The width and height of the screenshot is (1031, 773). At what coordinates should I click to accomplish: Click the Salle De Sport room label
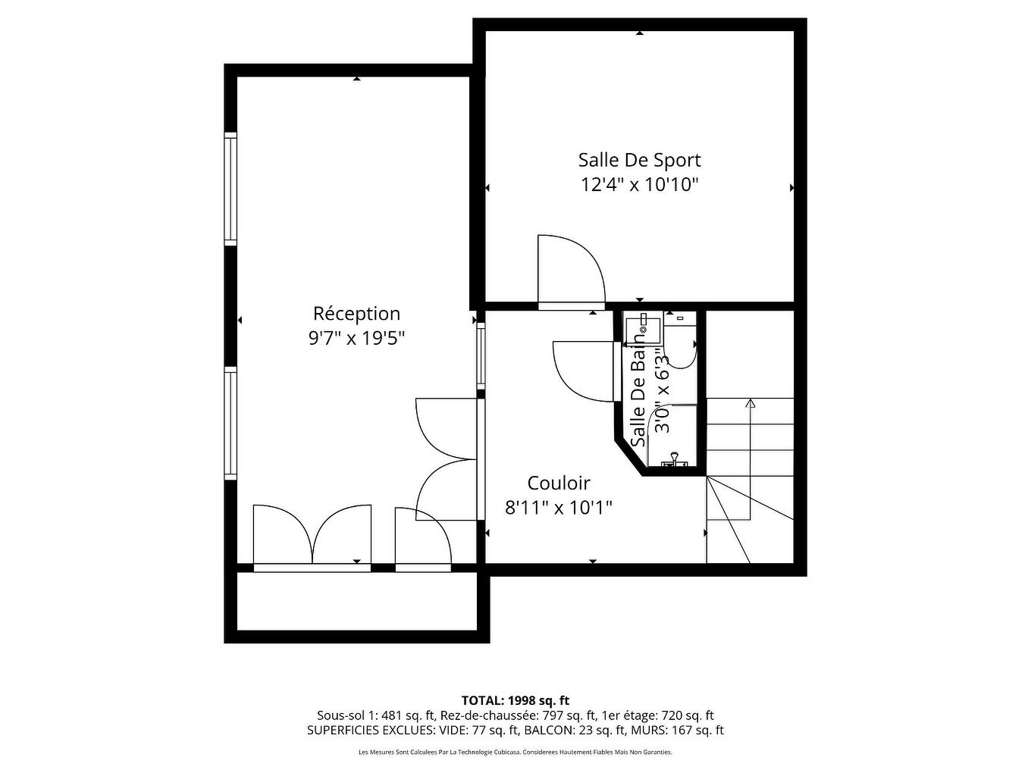pos(639,160)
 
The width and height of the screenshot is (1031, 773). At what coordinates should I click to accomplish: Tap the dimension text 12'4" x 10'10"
pos(639,184)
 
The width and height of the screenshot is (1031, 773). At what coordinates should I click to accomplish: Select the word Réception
pos(356,313)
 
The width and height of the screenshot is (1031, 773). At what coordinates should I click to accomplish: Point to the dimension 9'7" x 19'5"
pos(356,338)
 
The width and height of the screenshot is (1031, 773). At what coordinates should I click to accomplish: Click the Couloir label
pos(558,483)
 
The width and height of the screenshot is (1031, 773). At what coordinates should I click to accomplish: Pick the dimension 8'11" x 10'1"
pos(558,507)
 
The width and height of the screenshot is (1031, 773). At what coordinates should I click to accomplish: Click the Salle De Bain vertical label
pos(638,394)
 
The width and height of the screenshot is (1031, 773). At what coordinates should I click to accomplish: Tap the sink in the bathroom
pos(642,328)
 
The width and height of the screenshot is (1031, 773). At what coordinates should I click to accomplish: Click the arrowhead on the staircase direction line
pos(751,403)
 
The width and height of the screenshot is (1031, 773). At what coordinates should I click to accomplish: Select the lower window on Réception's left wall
pos(230,422)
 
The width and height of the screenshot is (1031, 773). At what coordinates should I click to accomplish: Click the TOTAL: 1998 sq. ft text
pos(515,700)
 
